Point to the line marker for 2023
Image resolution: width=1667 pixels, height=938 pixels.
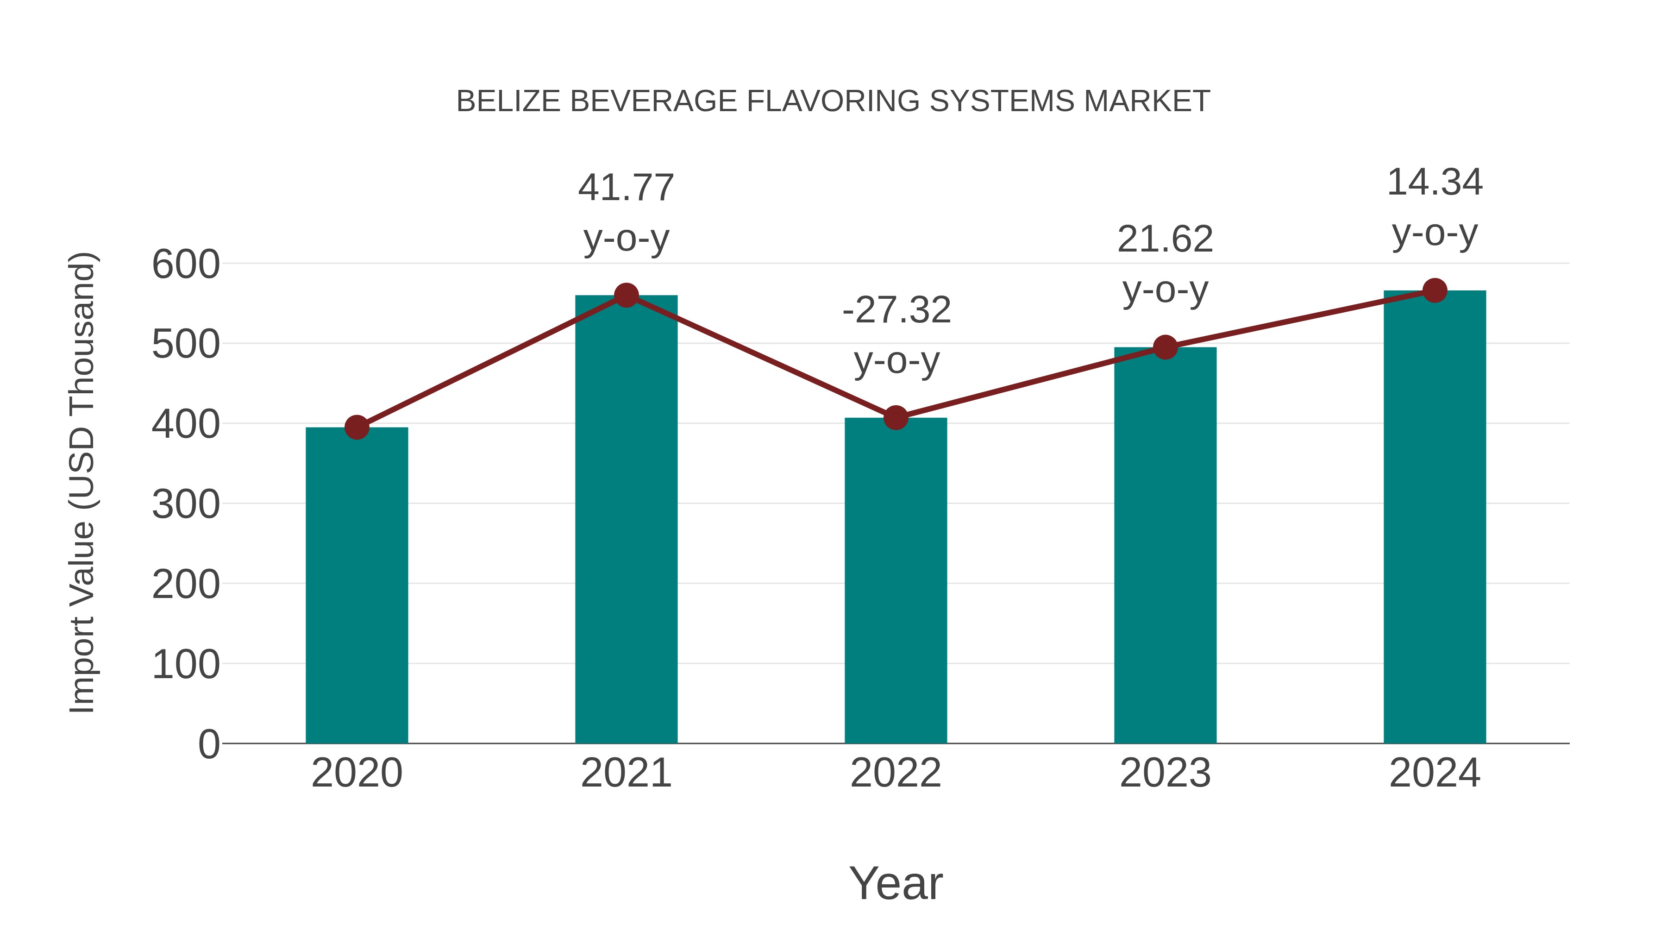1165,347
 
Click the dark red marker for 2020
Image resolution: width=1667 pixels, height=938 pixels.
357,427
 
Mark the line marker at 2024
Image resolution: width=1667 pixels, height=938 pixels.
1435,290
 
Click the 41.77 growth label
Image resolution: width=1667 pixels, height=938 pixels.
626,188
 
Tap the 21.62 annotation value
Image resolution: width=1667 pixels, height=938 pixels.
1165,239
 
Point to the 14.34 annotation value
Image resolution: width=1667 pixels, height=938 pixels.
1435,183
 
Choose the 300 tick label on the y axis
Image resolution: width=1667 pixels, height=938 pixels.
186,504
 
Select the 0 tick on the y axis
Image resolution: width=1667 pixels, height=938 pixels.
208,744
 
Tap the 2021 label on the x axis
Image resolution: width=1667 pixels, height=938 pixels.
626,773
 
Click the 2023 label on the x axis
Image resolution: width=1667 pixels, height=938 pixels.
1165,773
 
